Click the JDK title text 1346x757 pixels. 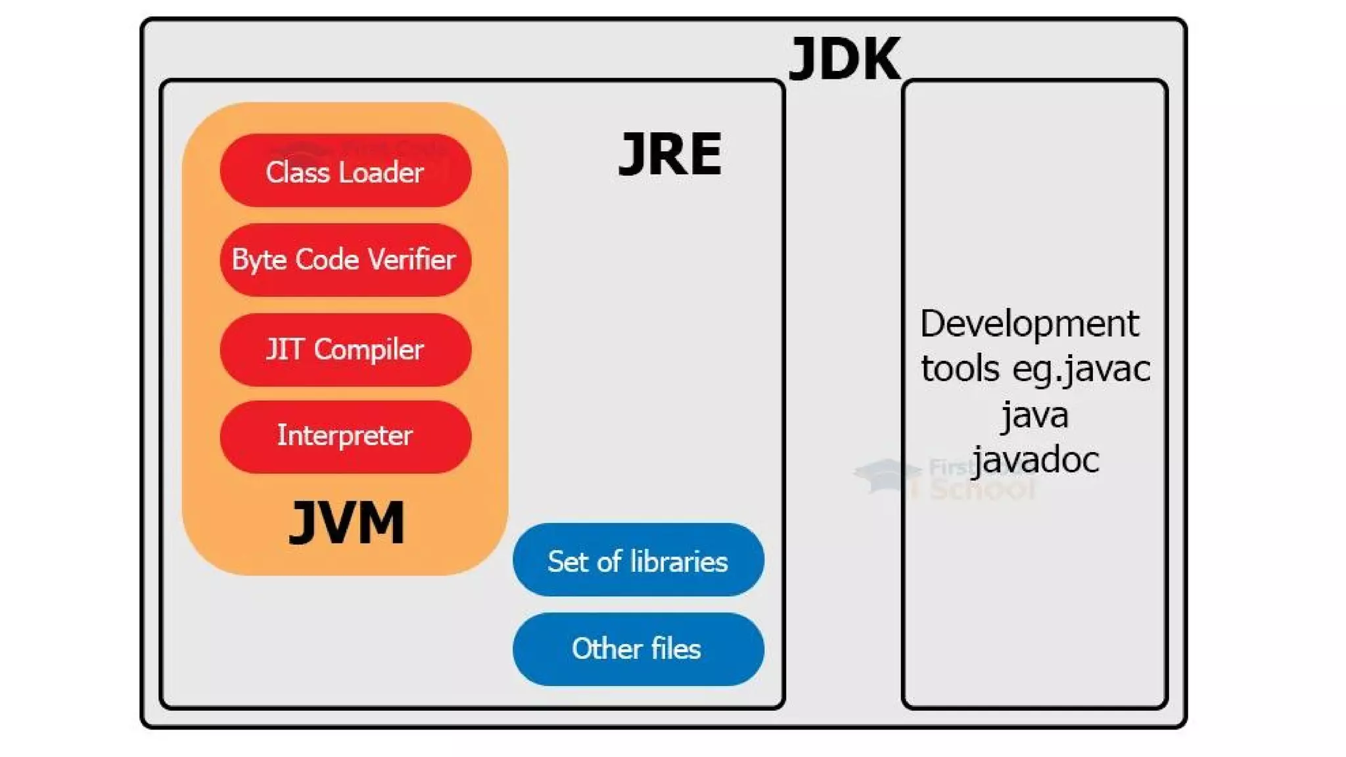(x=845, y=59)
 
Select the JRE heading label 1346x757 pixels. (x=670, y=154)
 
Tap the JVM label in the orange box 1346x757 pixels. (x=347, y=523)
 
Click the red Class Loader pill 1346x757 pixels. (x=346, y=172)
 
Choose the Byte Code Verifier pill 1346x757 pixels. (x=346, y=260)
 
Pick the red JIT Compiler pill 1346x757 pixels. (x=346, y=349)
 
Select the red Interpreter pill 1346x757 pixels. (x=346, y=436)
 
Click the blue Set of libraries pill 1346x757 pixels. (x=638, y=561)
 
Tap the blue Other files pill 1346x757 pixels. (x=638, y=649)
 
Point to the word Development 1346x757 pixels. (x=1029, y=325)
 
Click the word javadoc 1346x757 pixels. (x=1036, y=460)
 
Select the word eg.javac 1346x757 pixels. (x=1082, y=369)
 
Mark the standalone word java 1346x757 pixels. (x=1035, y=415)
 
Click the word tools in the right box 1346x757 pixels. (x=960, y=369)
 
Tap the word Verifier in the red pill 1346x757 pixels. (x=411, y=260)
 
